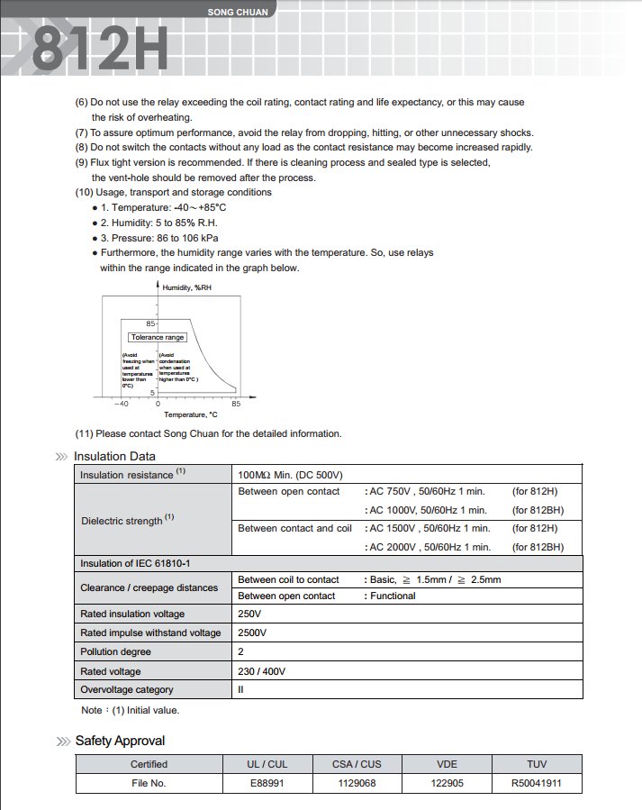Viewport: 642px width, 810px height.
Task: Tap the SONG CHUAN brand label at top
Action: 232,13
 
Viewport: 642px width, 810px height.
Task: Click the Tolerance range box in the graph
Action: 158,337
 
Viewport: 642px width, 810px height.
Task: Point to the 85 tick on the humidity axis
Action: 151,323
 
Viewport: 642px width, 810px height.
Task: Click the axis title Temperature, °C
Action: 190,414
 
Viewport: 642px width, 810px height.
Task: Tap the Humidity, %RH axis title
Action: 187,287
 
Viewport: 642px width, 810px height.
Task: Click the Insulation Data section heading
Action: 114,456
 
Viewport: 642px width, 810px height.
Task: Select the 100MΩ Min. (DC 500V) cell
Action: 290,475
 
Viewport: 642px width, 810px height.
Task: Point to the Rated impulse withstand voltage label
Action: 150,633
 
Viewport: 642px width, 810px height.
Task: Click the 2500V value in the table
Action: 252,633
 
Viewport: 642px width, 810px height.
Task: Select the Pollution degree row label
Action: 115,651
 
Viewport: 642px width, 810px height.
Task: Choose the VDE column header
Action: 448,764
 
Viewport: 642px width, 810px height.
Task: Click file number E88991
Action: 267,784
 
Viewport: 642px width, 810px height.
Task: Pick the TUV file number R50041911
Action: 536,784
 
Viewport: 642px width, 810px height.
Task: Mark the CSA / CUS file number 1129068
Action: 357,784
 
